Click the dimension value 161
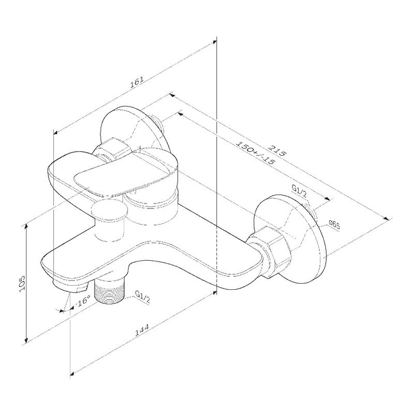pyautogui.click(x=137, y=82)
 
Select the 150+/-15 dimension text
pyautogui.click(x=254, y=153)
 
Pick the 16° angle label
pyautogui.click(x=84, y=301)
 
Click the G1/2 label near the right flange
pyautogui.click(x=299, y=191)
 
